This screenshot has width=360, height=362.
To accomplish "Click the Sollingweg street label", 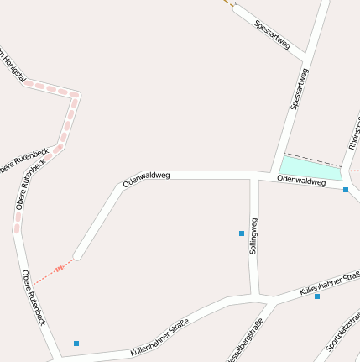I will click(253, 236).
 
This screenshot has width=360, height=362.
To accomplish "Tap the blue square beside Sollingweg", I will click(242, 233).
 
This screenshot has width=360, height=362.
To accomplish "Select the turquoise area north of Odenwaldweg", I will click(310, 167).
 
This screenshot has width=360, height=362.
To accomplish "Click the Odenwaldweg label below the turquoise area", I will click(300, 181).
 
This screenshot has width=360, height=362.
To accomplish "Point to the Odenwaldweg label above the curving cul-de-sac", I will click(147, 178).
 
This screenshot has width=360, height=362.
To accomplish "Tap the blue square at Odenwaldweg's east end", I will click(346, 190).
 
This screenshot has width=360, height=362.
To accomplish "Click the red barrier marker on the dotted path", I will click(60, 268).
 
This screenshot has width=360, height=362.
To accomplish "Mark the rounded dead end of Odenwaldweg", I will click(78, 254).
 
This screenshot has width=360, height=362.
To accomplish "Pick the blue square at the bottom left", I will click(76, 343).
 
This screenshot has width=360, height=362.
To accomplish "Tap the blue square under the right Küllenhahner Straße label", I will click(317, 296).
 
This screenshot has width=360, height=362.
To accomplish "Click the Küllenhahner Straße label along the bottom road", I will click(159, 340).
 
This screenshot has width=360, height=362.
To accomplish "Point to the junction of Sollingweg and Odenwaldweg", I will click(255, 176).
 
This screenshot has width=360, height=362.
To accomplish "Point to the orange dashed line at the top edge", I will click(228, 3).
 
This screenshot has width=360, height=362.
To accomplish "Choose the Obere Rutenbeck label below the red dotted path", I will click(34, 297).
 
